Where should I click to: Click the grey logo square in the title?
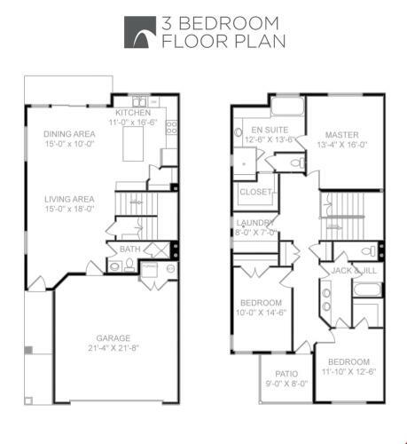[140, 32]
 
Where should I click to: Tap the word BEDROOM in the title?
[229, 23]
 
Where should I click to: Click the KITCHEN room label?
[133, 113]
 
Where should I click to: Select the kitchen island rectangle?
[133, 144]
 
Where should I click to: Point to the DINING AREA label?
[69, 134]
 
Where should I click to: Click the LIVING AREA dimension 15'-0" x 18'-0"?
[69, 209]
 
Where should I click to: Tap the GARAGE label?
[113, 337]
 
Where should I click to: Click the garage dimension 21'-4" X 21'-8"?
[113, 347]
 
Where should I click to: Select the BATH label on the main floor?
[129, 249]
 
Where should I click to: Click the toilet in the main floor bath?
[129, 265]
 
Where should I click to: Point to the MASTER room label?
[342, 135]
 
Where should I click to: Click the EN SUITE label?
[270, 130]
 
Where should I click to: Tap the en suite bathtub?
[287, 107]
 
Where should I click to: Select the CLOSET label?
[255, 192]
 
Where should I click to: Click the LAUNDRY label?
[255, 223]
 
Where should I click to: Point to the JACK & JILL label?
[354, 270]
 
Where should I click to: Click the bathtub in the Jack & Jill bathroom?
[367, 289]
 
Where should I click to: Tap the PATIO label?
[286, 374]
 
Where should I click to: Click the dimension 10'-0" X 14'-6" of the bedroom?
[261, 313]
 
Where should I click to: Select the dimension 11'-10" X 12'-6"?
[348, 371]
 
